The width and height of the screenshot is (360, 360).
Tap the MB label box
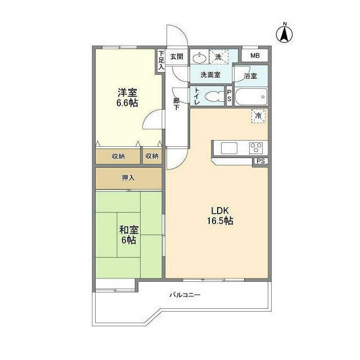coord(255,56)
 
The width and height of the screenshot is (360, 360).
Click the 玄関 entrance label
coord(177,56)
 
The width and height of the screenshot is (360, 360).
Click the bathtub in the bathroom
coord(250,97)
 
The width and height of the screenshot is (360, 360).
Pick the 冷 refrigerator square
coord(258,115)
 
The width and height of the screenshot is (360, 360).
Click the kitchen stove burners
coord(256,148)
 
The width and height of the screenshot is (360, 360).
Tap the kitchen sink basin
coord(230,148)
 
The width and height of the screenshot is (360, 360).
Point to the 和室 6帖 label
coord(128,235)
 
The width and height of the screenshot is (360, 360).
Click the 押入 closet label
coord(129,178)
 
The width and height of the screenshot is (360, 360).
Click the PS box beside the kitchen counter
coord(259,161)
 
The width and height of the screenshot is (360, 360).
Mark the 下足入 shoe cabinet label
coord(161,59)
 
